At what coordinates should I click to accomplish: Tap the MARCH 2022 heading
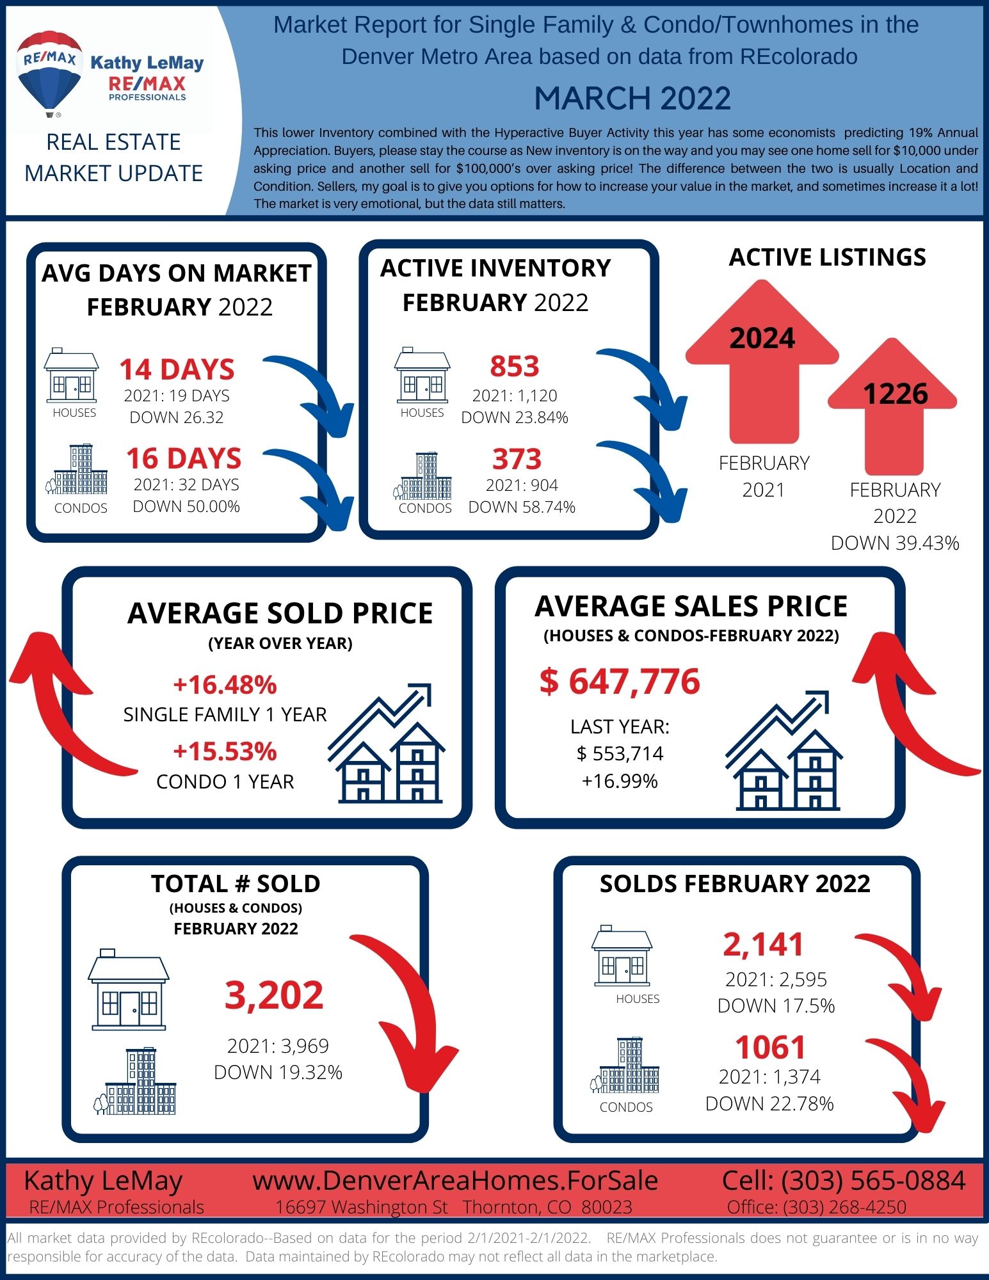[x=632, y=99]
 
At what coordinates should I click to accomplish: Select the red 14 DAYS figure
[x=177, y=369]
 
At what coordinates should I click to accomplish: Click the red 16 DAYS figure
[x=184, y=458]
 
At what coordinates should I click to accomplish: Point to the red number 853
[x=515, y=366]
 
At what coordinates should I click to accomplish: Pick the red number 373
[x=517, y=459]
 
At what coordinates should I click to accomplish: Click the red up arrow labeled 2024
[x=762, y=362]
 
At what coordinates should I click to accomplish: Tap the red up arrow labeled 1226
[x=893, y=407]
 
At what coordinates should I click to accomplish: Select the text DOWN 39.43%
[x=895, y=543]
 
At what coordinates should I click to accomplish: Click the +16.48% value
[x=225, y=684]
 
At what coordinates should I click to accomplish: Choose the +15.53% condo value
[x=225, y=751]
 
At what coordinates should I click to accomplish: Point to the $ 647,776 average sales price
[x=620, y=681]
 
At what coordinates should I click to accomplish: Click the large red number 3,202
[x=274, y=995]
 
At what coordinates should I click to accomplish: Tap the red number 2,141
[x=763, y=945]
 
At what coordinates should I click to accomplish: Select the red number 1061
[x=770, y=1047]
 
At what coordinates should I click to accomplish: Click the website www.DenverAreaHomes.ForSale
[x=455, y=1180]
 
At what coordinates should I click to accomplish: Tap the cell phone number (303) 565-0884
[x=874, y=1180]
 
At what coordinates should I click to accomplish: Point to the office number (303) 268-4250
[x=845, y=1207]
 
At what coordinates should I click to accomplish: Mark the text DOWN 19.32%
[x=278, y=1072]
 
